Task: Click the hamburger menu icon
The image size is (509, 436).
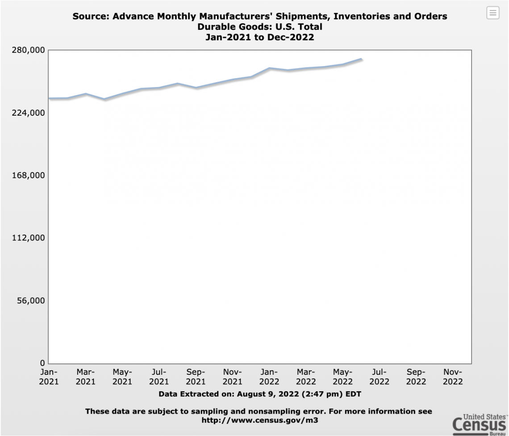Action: coord(493,13)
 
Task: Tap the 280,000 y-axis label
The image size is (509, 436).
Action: coord(29,50)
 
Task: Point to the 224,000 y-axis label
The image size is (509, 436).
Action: coord(29,113)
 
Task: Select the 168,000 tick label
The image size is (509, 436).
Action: coord(29,175)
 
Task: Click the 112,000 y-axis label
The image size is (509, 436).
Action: coord(29,238)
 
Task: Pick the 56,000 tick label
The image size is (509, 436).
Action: coord(31,301)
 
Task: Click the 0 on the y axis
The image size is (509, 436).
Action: coord(42,363)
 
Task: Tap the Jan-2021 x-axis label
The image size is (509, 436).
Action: coord(49,377)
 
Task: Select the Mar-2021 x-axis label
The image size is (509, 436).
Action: coord(85,377)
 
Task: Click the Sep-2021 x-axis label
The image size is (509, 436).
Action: coord(196,377)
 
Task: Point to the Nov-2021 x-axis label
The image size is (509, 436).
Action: coord(232,377)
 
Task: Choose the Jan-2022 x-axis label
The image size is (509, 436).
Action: coord(269,377)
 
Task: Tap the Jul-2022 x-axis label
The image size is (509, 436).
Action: coord(379,377)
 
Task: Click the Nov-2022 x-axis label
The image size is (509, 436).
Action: coord(452,377)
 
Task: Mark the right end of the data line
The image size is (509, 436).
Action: coord(361,59)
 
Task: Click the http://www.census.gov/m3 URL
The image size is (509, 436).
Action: coord(260,420)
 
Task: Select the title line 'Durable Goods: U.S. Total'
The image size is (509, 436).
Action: coord(260,27)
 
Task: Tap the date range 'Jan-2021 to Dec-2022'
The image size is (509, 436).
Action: coord(260,37)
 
